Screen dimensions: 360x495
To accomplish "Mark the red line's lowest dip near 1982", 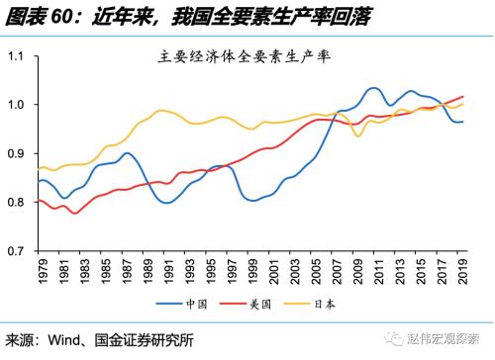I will coord(74,213).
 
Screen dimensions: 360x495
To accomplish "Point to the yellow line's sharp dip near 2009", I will coord(358,135).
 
